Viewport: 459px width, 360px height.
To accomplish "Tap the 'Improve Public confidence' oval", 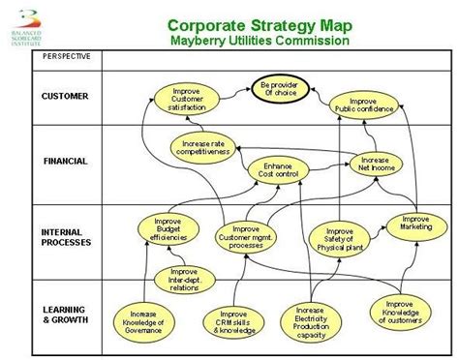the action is click(363, 105).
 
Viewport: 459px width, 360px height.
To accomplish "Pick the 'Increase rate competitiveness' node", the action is click(202, 147).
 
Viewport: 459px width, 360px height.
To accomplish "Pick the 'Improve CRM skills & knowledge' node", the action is click(232, 321).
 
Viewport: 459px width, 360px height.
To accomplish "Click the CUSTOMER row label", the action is click(65, 96).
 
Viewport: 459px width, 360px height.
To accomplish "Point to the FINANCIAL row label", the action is click(65, 161).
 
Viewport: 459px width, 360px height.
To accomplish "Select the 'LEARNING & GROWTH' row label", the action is click(65, 314).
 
